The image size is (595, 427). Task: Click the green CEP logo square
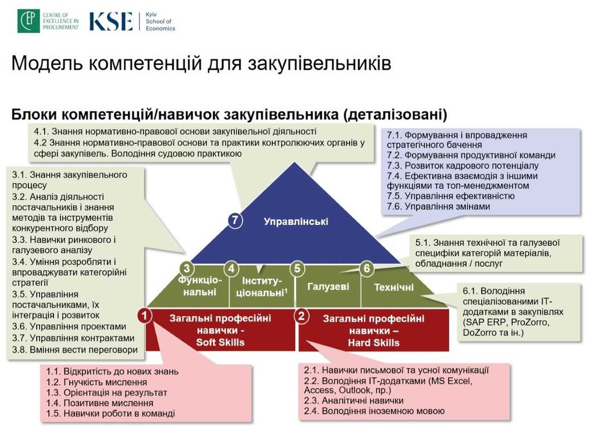tap(28, 21)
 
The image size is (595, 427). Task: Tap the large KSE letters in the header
tap(111, 21)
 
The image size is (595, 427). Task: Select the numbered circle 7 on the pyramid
tap(235, 220)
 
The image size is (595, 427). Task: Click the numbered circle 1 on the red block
tap(145, 315)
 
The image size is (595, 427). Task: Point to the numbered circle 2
tap(302, 316)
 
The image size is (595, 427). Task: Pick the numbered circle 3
tap(187, 269)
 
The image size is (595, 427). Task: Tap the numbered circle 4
tap(231, 269)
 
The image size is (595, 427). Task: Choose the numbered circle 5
tap(297, 269)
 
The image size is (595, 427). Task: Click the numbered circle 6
tap(367, 269)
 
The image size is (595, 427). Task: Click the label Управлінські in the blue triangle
tap(296, 222)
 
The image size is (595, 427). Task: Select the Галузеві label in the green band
tap(328, 286)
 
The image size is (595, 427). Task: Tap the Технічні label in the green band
tap(394, 288)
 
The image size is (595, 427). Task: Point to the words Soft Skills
tap(220, 342)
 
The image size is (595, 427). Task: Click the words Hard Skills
tap(374, 343)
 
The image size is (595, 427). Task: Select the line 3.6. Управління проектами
tap(69, 326)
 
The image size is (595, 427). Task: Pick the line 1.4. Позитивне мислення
tap(100, 403)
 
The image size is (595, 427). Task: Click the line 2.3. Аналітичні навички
tap(354, 400)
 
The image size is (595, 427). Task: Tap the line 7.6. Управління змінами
tap(439, 206)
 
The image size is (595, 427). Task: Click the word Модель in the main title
tap(47, 63)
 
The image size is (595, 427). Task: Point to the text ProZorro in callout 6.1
tap(529, 322)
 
